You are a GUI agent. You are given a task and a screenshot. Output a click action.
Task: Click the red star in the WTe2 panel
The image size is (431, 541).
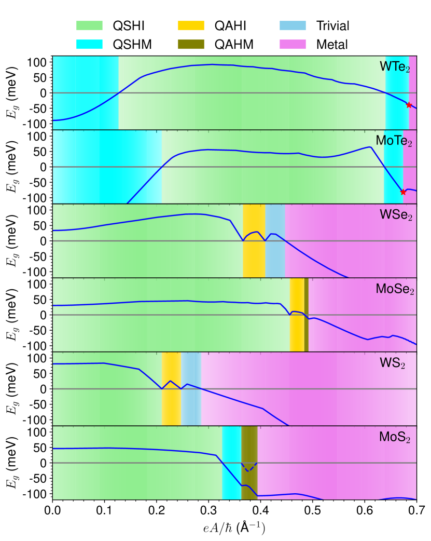[409, 105]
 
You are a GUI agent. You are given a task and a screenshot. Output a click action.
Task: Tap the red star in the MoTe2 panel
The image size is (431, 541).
[403, 192]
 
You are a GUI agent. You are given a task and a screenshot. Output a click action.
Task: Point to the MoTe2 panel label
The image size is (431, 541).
[394, 141]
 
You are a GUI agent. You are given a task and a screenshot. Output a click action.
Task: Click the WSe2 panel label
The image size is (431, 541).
[396, 215]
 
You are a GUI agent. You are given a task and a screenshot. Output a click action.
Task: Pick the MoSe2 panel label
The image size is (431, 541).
[395, 289]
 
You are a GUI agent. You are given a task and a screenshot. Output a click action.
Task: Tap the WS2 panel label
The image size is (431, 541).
[393, 363]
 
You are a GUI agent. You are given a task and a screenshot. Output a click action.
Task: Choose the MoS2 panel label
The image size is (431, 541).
[395, 437]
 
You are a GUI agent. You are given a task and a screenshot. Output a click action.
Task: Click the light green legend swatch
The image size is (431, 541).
[89, 26]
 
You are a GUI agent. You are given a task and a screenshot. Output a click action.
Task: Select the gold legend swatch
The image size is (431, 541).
[191, 26]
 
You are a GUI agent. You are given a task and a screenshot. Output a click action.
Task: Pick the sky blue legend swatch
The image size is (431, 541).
[293, 26]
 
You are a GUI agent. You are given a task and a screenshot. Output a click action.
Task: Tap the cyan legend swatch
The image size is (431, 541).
[89, 44]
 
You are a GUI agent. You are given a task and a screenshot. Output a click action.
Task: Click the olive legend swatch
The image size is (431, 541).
[191, 44]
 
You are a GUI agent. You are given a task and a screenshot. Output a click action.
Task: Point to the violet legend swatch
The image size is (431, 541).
[293, 44]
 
